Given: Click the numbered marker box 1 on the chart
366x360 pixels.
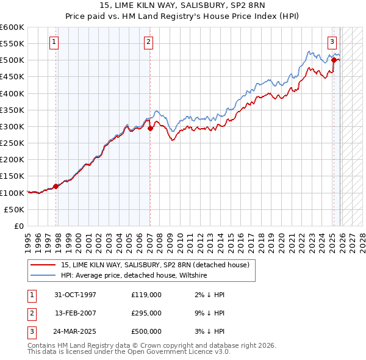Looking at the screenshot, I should (55, 42).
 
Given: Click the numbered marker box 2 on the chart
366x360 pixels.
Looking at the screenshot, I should (149, 42).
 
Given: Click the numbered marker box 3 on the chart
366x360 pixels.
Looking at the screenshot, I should (332, 42).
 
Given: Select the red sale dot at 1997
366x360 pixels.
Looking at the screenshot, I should (56, 186).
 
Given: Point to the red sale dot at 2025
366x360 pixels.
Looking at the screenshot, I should (334, 60).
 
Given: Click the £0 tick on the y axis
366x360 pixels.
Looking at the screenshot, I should (20, 226).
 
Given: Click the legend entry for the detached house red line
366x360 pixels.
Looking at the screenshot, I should (155, 265).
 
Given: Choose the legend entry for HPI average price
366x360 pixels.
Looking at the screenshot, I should (134, 276).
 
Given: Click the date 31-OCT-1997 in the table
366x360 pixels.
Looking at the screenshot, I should (75, 295).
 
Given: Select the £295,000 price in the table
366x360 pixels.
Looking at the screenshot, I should (146, 313).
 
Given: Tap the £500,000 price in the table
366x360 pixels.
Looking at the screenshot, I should (146, 331).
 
